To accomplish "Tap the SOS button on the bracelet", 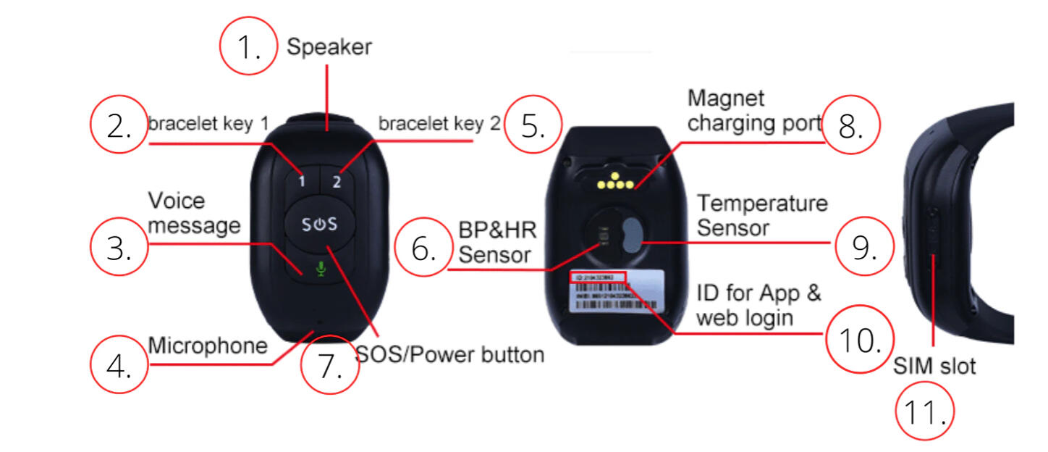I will point(319,224).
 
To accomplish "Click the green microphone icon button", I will point(321,269).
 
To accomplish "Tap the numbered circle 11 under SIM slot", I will point(924,412).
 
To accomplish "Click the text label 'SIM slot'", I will point(934,366).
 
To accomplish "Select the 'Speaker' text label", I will point(329,48).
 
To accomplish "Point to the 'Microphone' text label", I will point(208,346).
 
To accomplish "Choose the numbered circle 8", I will point(852,125).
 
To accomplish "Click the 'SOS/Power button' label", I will point(450,354).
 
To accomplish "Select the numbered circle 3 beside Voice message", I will point(119,248).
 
